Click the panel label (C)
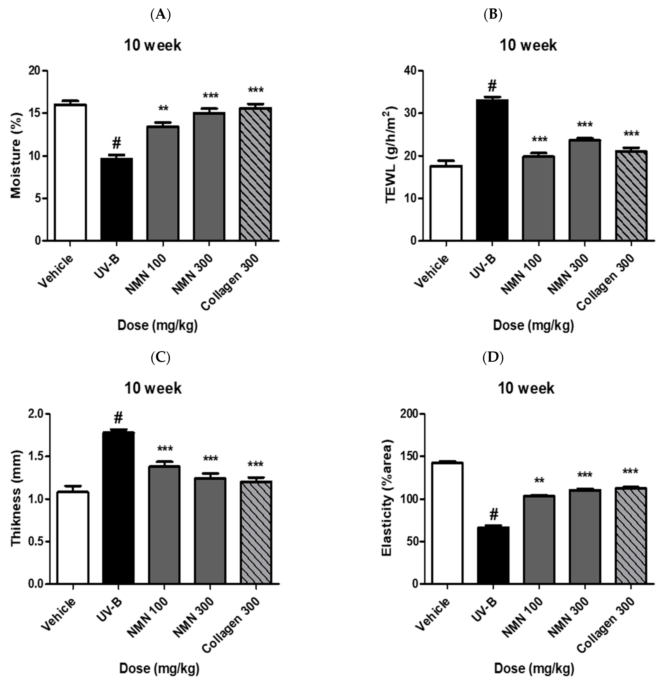click(160, 358)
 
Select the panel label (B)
click(493, 15)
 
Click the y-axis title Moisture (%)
click(16, 155)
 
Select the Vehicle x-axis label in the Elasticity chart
click(432, 618)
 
